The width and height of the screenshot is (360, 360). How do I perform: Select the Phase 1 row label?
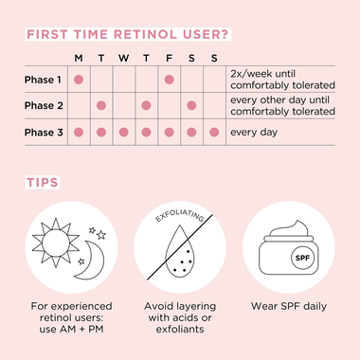click(x=44, y=80)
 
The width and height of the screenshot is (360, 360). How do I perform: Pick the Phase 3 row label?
click(x=44, y=132)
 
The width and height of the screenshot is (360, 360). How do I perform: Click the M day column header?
click(x=78, y=59)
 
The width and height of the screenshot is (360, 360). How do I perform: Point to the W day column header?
click(x=123, y=59)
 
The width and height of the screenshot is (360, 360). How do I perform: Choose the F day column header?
click(x=169, y=59)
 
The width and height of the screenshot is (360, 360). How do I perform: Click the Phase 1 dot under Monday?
click(x=78, y=80)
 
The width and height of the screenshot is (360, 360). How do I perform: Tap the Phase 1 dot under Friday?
click(x=169, y=80)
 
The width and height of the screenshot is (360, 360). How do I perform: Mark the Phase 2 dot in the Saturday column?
click(x=191, y=105)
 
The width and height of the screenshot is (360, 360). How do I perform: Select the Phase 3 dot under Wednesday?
click(x=123, y=132)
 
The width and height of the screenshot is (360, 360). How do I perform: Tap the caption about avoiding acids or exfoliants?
click(x=180, y=319)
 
